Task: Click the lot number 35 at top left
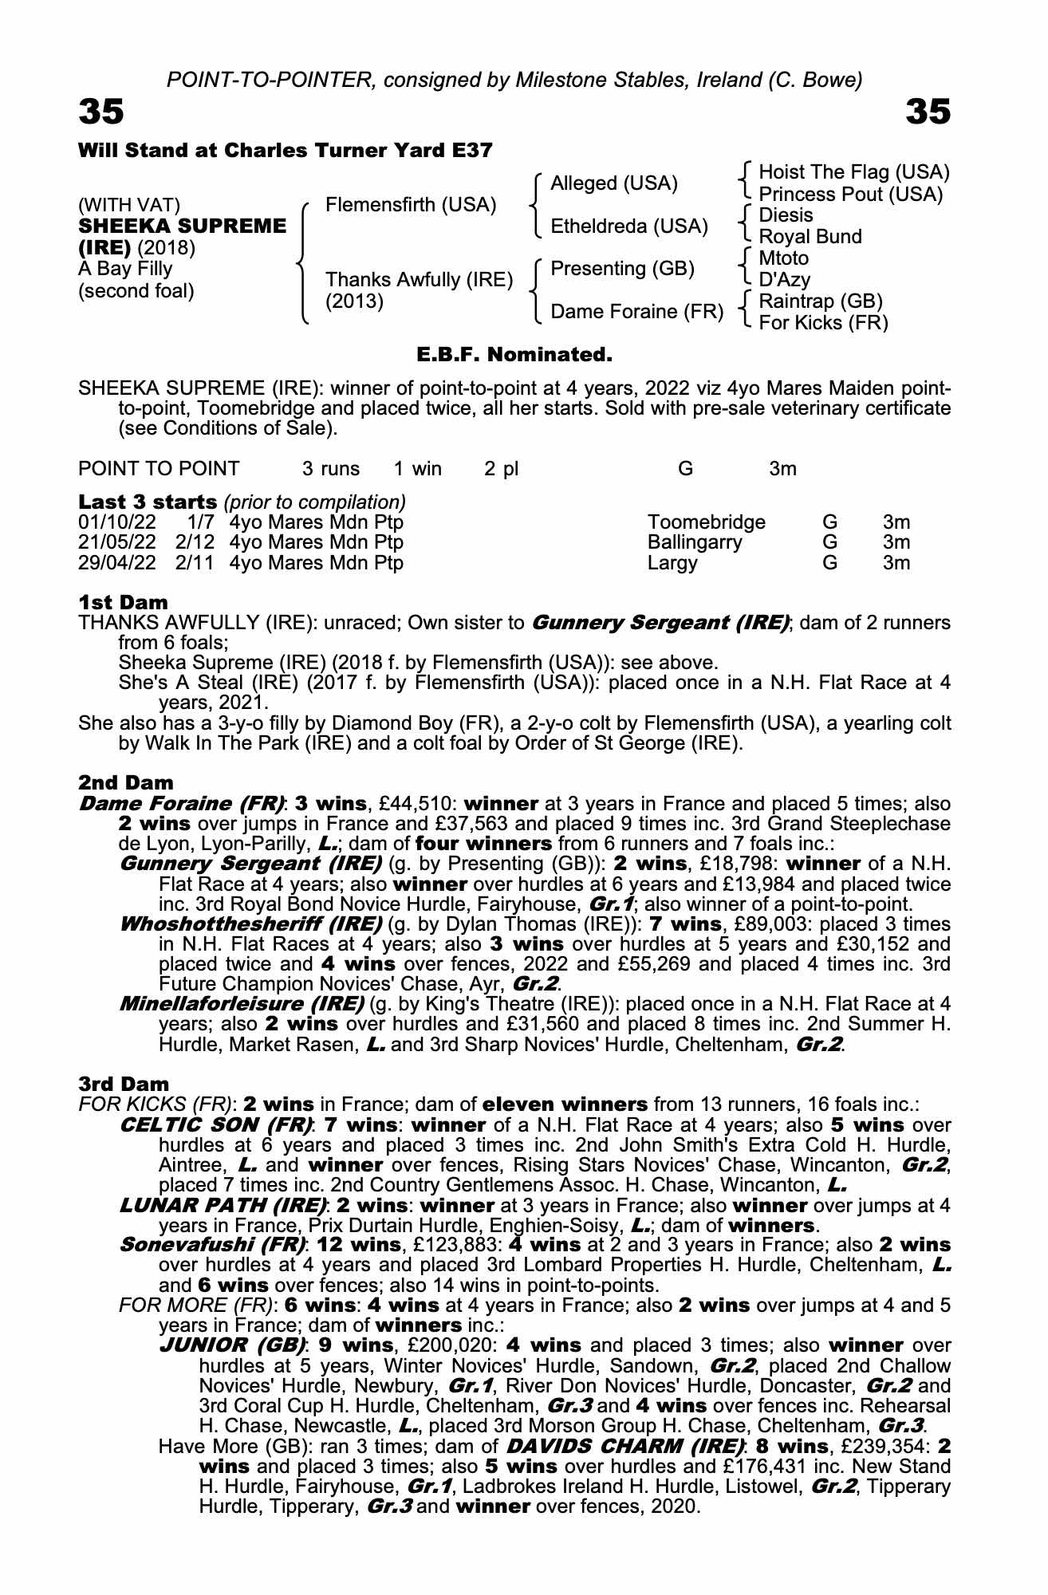click(x=101, y=112)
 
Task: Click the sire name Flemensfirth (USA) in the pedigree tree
click(x=411, y=205)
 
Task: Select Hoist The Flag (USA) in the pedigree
click(x=853, y=172)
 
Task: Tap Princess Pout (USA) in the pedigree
click(x=850, y=195)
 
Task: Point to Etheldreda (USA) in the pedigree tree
click(x=629, y=226)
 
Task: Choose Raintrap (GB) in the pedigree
click(x=821, y=301)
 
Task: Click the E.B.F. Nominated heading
click(x=514, y=353)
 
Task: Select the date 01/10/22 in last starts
click(x=117, y=522)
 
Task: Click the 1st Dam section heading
click(x=124, y=602)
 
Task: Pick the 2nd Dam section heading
click(x=126, y=782)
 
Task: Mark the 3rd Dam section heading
click(x=124, y=1084)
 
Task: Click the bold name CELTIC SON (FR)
click(x=215, y=1125)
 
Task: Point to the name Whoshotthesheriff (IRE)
click(x=250, y=924)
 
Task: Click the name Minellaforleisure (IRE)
click(x=242, y=1004)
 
